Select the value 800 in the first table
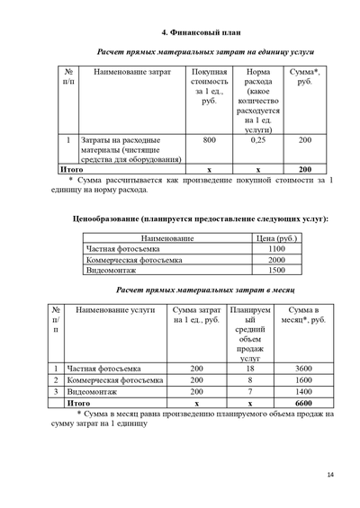pyautogui.click(x=209, y=140)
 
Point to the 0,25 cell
pyautogui.click(x=257, y=140)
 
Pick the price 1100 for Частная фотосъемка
pyautogui.click(x=276, y=248)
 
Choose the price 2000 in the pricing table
pyautogui.click(x=276, y=259)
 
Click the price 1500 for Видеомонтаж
pyautogui.click(x=276, y=270)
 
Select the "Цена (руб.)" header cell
pyautogui.click(x=276, y=237)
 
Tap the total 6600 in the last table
pyautogui.click(x=303, y=405)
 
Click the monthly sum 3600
pyautogui.click(x=303, y=369)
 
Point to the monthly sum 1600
pyautogui.click(x=303, y=380)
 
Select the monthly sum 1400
pyautogui.click(x=303, y=392)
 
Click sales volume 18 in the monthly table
pyautogui.click(x=250, y=369)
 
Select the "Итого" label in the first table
pyautogui.click(x=71, y=169)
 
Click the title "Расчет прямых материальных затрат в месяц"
pyautogui.click(x=202, y=290)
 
